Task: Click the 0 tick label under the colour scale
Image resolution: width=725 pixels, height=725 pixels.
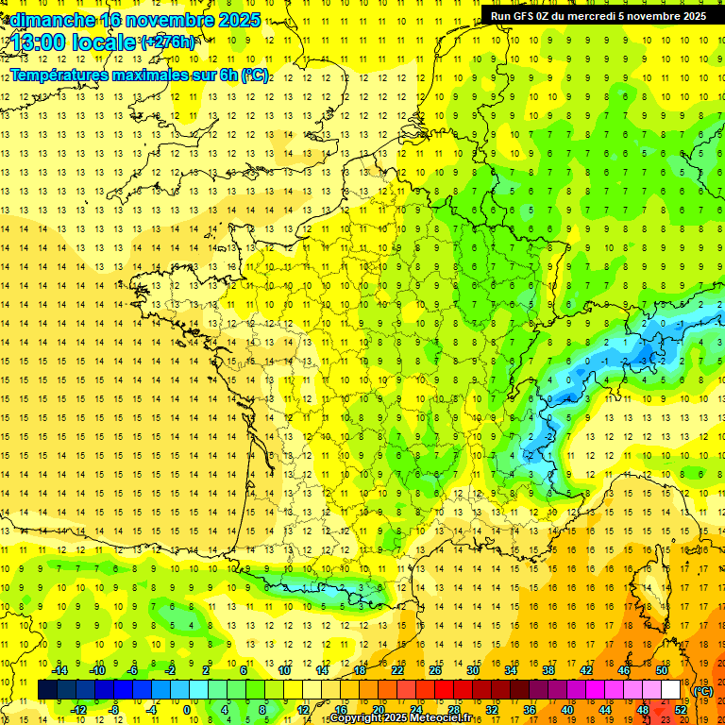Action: pos(187,710)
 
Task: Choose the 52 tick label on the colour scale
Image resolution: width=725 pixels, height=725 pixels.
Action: pos(681,710)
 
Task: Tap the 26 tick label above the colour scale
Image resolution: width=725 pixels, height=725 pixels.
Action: pos(434,670)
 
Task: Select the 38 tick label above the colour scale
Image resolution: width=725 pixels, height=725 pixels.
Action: pos(548,670)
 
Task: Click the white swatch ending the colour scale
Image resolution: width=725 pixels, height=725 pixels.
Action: pos(670,690)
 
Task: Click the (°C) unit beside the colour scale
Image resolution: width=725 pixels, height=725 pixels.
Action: pos(703,690)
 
